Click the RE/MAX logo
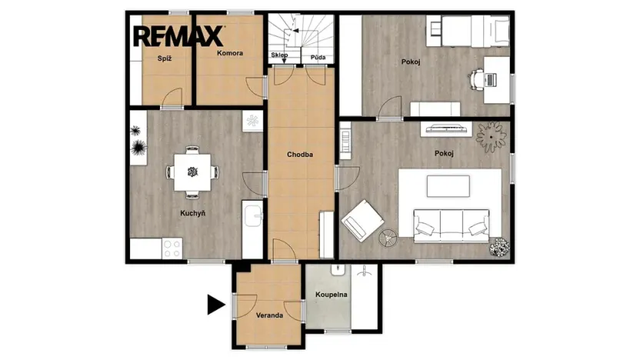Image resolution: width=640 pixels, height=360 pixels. click(178, 36)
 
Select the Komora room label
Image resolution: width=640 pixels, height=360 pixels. click(230, 53)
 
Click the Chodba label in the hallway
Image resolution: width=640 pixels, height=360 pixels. click(300, 154)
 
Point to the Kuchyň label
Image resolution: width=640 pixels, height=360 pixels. click(193, 213)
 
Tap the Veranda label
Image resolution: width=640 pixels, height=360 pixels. click(269, 315)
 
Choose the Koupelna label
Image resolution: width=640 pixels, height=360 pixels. click(332, 295)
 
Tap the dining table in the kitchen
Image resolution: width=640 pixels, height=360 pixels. click(192, 171)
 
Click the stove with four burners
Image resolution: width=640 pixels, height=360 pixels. click(172, 248)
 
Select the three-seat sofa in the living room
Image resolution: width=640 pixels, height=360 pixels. click(452, 225)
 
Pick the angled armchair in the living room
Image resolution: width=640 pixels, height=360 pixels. click(362, 220)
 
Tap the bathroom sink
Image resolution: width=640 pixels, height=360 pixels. click(337, 273)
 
